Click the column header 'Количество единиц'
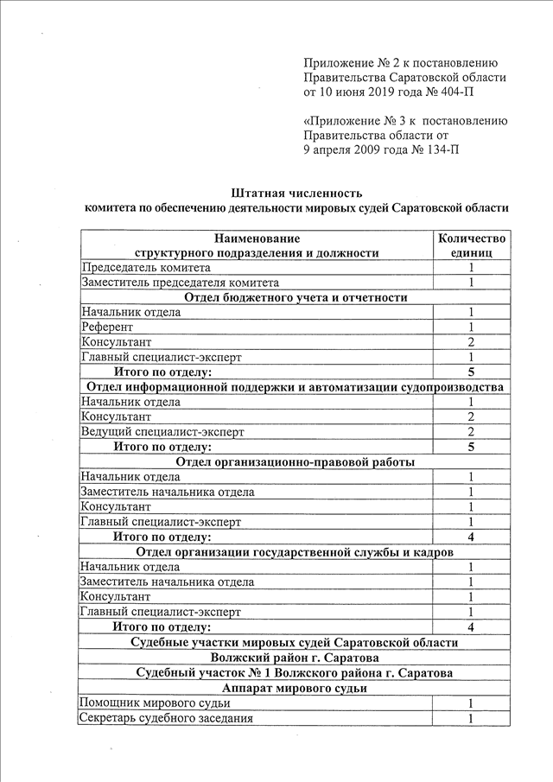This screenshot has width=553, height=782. [471, 245]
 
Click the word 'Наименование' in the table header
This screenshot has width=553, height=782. [257, 238]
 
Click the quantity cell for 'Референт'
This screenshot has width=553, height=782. [471, 327]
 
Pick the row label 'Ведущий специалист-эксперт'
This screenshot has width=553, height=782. [162, 431]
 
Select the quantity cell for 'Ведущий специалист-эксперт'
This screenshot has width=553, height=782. [471, 431]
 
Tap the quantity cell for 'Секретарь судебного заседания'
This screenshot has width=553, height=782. [471, 718]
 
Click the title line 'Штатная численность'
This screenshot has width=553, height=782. [296, 192]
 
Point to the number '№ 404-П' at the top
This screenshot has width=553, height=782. [442, 91]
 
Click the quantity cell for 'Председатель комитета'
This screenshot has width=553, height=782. [471, 268]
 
